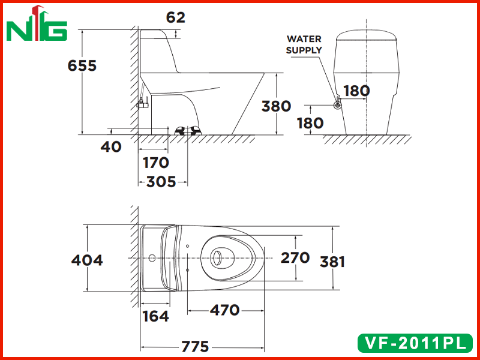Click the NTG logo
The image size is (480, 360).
[x=37, y=23]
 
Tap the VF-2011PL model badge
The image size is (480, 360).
[x=415, y=343]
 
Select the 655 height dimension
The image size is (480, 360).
[x=82, y=65]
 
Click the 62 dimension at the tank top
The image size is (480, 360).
[x=176, y=17]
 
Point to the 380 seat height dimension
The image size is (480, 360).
[x=276, y=106]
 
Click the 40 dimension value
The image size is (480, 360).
[x=111, y=147]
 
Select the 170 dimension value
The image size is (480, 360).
[x=156, y=163]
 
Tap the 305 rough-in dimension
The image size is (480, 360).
[x=161, y=182]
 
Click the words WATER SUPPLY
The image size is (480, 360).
[x=304, y=44]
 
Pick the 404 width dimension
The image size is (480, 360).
[x=87, y=260]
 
